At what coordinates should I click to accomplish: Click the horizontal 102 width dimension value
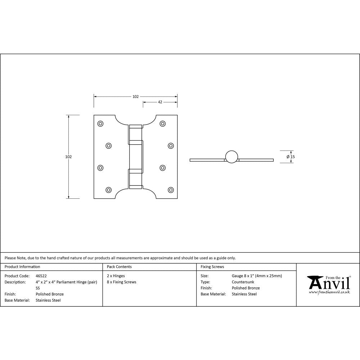coord(135,96)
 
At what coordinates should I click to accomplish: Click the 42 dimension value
coord(160,102)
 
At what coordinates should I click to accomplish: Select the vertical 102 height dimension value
coord(68,157)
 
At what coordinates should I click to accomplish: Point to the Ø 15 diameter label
coord(291,157)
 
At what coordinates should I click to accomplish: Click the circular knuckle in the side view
coord(231,157)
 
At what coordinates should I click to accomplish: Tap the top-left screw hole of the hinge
coord(100,124)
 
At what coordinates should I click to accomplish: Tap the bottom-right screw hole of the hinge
coord(171,189)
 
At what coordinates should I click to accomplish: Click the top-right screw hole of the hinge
coord(163,124)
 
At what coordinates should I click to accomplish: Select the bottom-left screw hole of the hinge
coord(108,189)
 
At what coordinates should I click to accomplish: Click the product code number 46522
coord(41,276)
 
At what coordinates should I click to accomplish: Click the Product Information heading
coord(22,267)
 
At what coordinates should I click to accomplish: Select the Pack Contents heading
coord(119,267)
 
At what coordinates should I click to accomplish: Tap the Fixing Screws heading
coord(212,267)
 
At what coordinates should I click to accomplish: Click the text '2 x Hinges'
coord(116,276)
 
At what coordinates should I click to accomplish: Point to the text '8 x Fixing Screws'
coord(122,282)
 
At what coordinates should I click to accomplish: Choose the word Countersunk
coord(243,282)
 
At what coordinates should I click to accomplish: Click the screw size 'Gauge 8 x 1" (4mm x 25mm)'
coord(257,276)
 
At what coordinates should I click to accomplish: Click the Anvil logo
coord(328,283)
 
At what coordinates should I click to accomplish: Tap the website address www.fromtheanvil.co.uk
coord(329,292)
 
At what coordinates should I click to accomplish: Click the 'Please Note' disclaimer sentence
coord(120,258)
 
